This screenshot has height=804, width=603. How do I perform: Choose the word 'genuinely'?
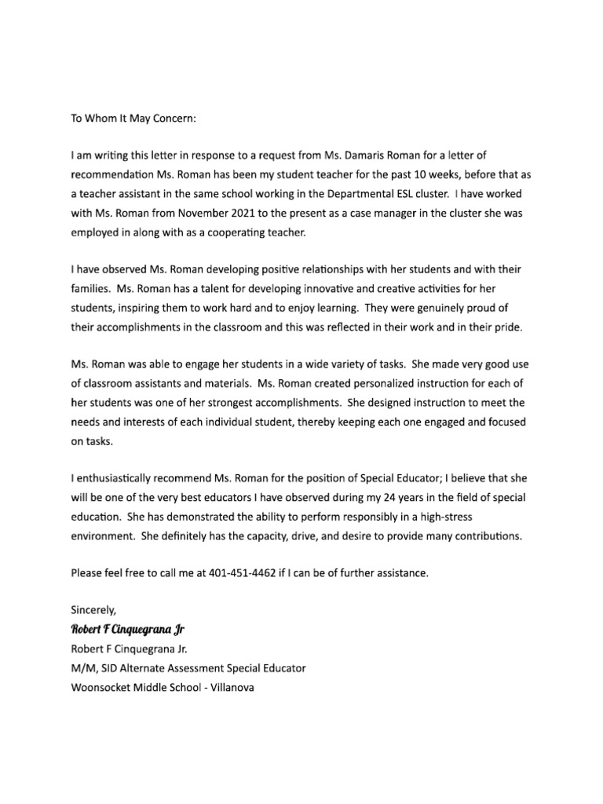(424, 307)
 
